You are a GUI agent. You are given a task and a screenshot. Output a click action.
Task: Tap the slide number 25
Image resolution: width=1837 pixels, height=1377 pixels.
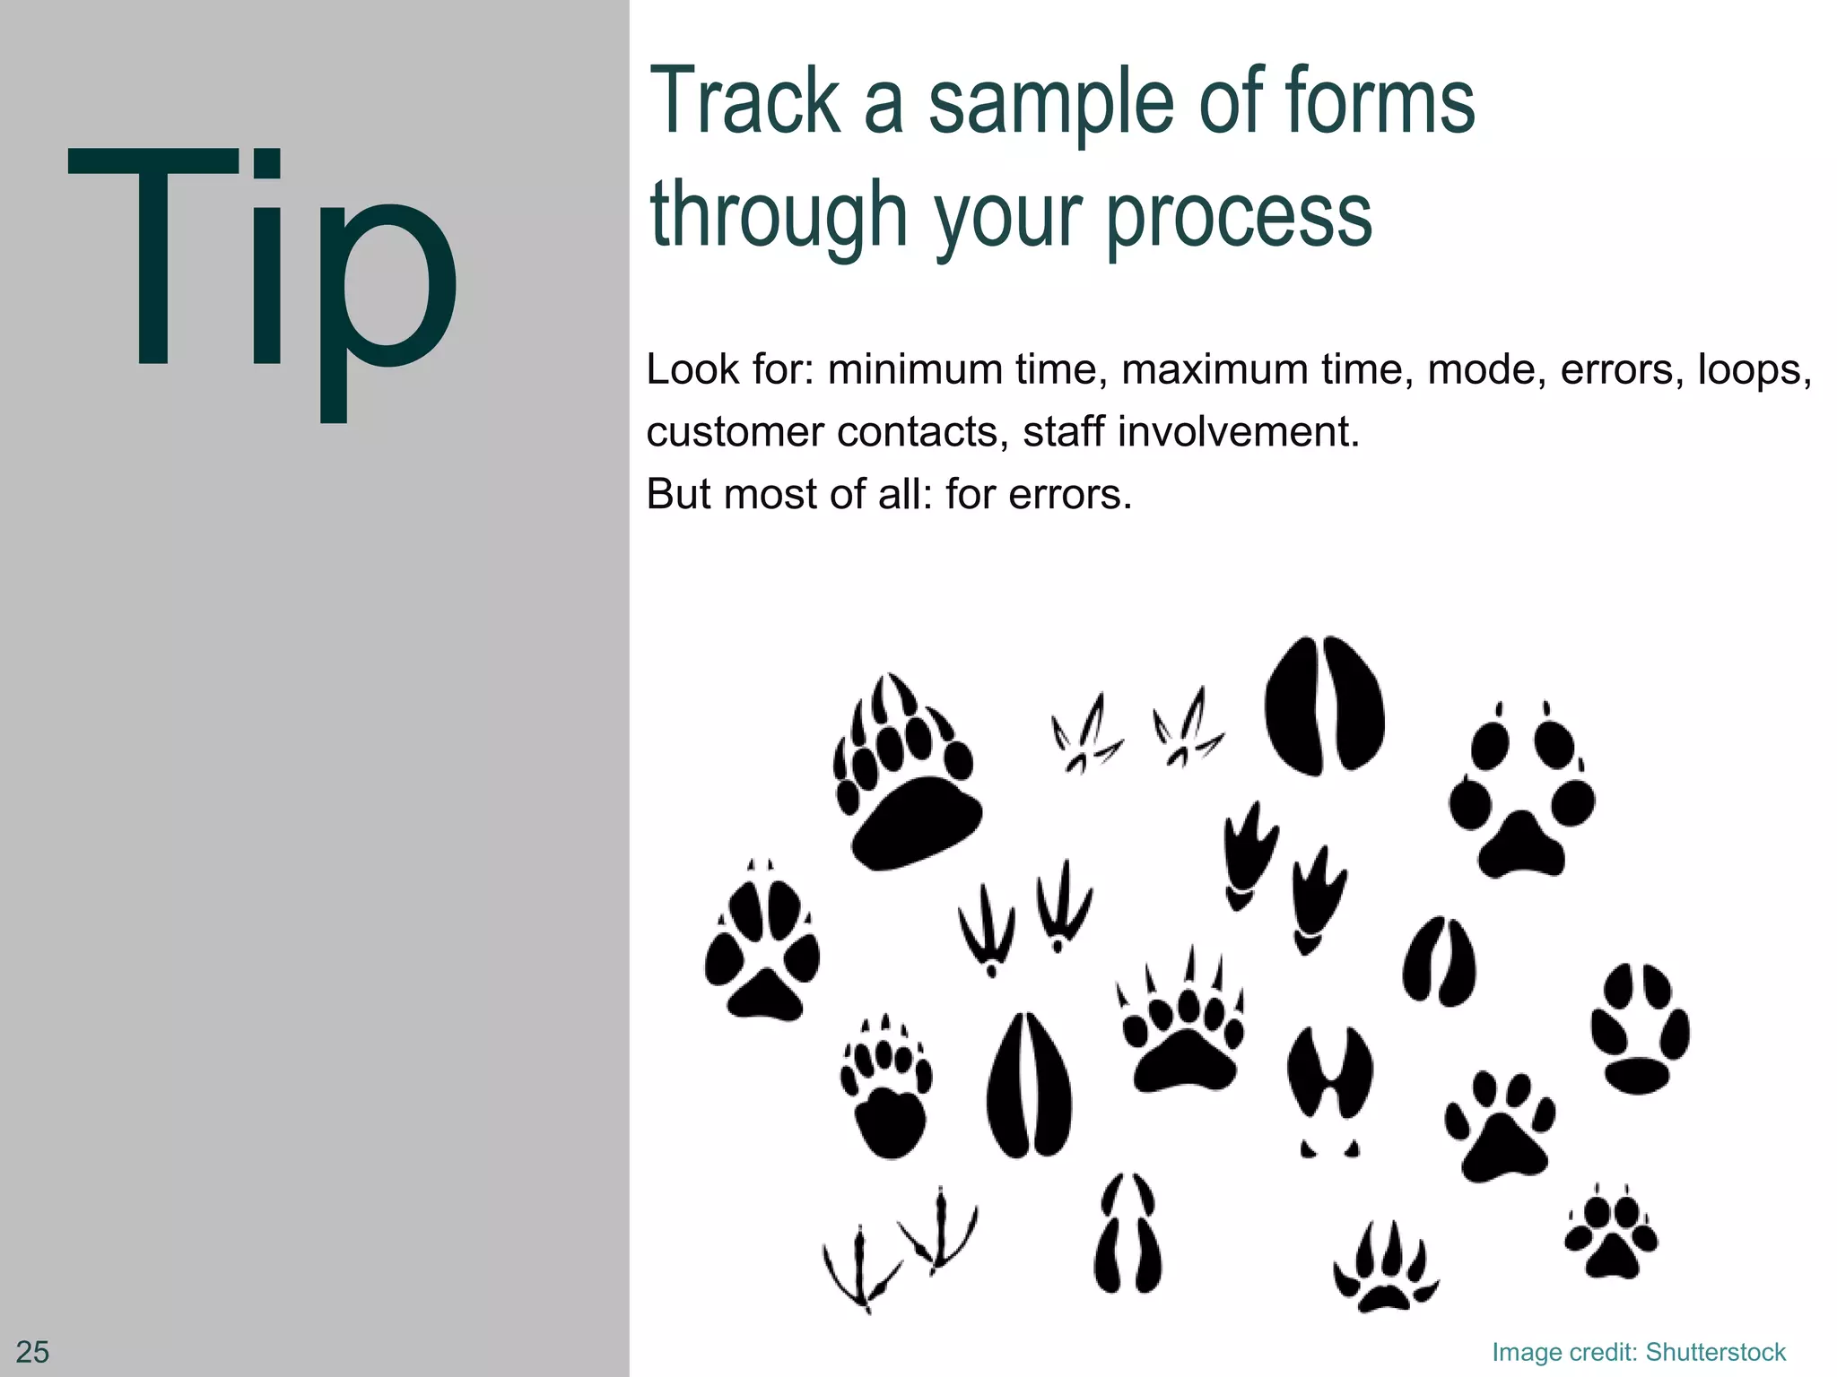tap(33, 1351)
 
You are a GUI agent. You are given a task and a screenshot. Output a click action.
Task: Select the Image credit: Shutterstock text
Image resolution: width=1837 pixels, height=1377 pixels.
tap(1639, 1352)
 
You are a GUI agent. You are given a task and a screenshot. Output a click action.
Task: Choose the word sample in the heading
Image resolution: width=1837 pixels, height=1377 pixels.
tap(1049, 103)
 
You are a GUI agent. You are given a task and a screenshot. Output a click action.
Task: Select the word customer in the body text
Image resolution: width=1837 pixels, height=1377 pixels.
tap(735, 432)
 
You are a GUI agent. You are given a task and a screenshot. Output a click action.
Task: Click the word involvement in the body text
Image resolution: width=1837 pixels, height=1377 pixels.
tap(1238, 432)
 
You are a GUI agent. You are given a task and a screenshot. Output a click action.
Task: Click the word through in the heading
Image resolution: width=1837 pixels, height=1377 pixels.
tap(779, 215)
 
